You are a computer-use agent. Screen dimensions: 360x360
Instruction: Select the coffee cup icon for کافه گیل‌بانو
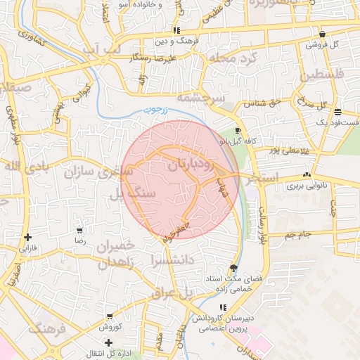point(238,131)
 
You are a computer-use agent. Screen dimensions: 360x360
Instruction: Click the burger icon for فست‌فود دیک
point(338,112)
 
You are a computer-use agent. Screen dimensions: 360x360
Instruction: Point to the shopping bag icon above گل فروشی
point(322,34)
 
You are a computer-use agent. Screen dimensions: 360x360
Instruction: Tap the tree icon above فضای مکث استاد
point(233,268)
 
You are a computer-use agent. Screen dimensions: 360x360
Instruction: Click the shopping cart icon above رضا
point(79,230)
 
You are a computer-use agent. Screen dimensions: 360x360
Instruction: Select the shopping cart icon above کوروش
point(110,316)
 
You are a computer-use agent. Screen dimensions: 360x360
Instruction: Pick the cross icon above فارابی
point(27,238)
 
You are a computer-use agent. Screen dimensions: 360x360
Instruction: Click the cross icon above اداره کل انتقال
point(108,342)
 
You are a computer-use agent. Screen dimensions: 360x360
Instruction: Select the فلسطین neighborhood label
point(323,75)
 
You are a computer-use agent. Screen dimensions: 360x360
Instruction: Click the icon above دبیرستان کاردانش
point(224,307)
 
